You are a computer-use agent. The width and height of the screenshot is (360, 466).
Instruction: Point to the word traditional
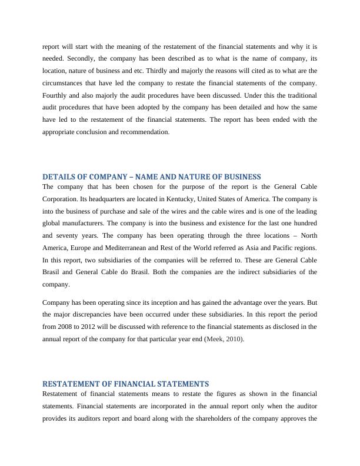pyautogui.click(x=300, y=95)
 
